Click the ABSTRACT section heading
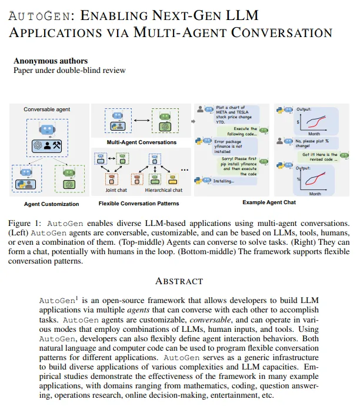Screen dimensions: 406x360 tap(179, 281)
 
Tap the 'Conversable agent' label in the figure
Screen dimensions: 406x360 tap(46, 109)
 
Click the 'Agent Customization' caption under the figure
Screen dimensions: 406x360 tap(51, 204)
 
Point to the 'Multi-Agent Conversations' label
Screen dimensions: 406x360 tap(141, 142)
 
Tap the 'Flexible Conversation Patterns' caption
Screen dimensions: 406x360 tap(139, 204)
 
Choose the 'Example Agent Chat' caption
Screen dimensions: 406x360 tap(269, 202)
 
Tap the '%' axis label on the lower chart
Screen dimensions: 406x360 tap(298, 179)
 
